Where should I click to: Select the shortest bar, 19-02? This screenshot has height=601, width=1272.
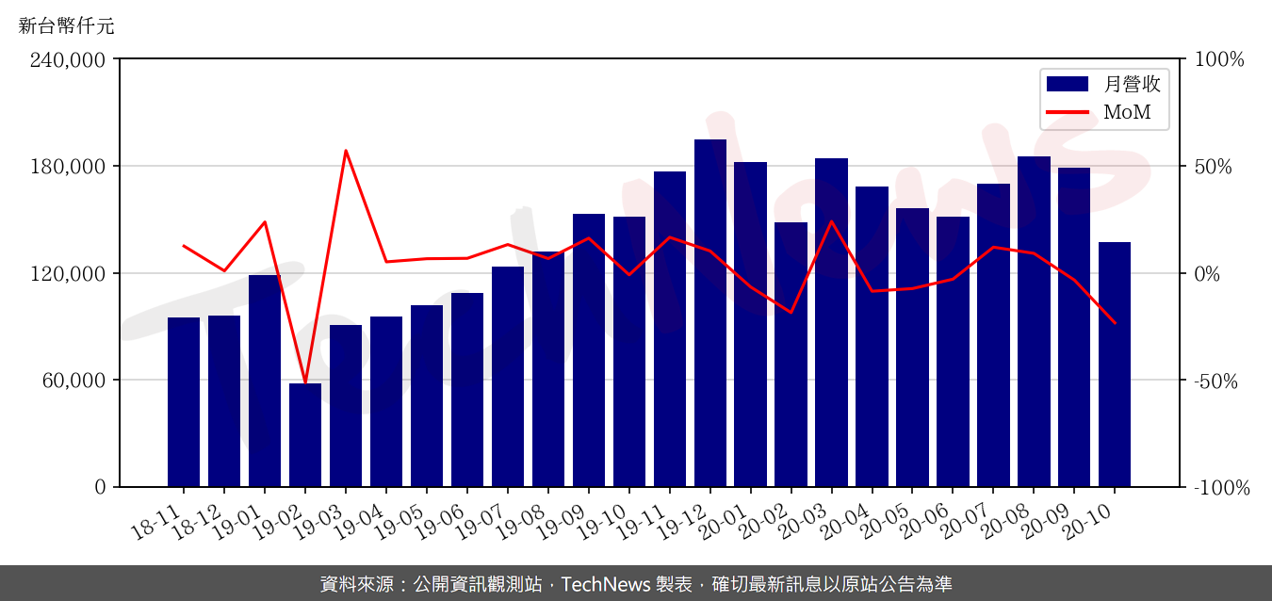305,434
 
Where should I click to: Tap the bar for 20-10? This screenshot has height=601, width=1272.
1115,364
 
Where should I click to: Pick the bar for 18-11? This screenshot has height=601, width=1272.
184,401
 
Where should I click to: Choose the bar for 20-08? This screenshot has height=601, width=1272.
1034,321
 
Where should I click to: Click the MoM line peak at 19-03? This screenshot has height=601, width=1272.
346,151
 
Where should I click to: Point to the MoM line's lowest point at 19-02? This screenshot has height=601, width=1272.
305,382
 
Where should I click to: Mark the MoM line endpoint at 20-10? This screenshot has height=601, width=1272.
1115,323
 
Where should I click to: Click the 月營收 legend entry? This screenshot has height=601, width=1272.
1103,84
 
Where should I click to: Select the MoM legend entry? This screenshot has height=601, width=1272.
1103,113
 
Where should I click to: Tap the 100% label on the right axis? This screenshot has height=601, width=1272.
1219,59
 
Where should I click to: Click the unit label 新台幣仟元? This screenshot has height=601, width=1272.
66,26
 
